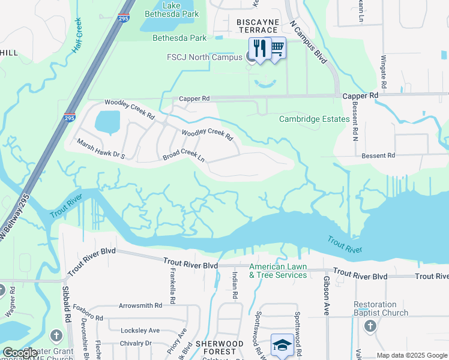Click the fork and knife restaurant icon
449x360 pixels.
point(259,48)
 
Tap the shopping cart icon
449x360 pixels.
point(277,47)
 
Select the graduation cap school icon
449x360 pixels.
point(282,345)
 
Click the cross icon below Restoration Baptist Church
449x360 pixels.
point(370,326)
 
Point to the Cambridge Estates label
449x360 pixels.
point(314,119)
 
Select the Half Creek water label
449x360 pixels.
point(76,35)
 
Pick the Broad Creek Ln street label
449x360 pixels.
point(184,156)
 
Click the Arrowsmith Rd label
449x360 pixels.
point(141,305)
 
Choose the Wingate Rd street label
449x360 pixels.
point(383,70)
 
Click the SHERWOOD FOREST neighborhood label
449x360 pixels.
point(220,348)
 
